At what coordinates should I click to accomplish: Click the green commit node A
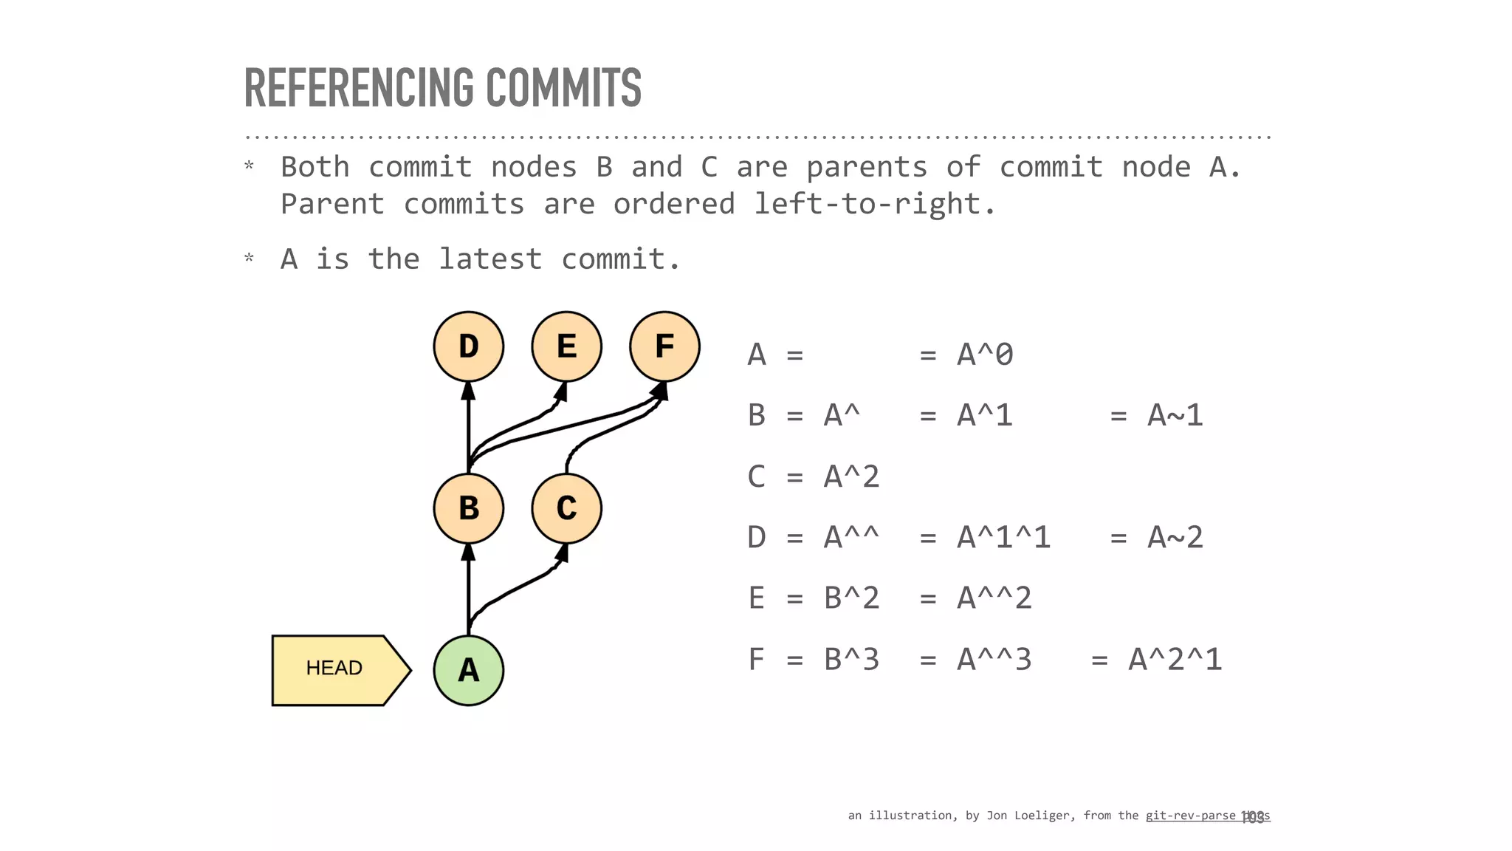(x=468, y=670)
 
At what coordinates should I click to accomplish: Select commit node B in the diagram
(x=468, y=508)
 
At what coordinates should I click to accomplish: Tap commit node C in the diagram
(x=566, y=508)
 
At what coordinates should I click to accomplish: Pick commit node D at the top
(x=468, y=346)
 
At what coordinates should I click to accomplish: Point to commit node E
(x=566, y=346)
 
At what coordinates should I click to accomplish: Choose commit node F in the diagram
(x=664, y=346)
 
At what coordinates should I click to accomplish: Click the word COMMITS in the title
(x=563, y=88)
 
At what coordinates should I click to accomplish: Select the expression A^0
(x=985, y=355)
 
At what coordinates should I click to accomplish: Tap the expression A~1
(x=1175, y=416)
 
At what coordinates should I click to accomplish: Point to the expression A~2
(x=1175, y=538)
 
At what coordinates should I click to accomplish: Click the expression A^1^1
(x=1003, y=538)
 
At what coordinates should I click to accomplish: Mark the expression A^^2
(x=994, y=598)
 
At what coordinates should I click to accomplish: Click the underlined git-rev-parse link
(x=1190, y=816)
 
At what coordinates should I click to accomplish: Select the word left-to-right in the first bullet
(x=874, y=204)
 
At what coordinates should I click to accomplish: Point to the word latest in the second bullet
(x=490, y=259)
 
